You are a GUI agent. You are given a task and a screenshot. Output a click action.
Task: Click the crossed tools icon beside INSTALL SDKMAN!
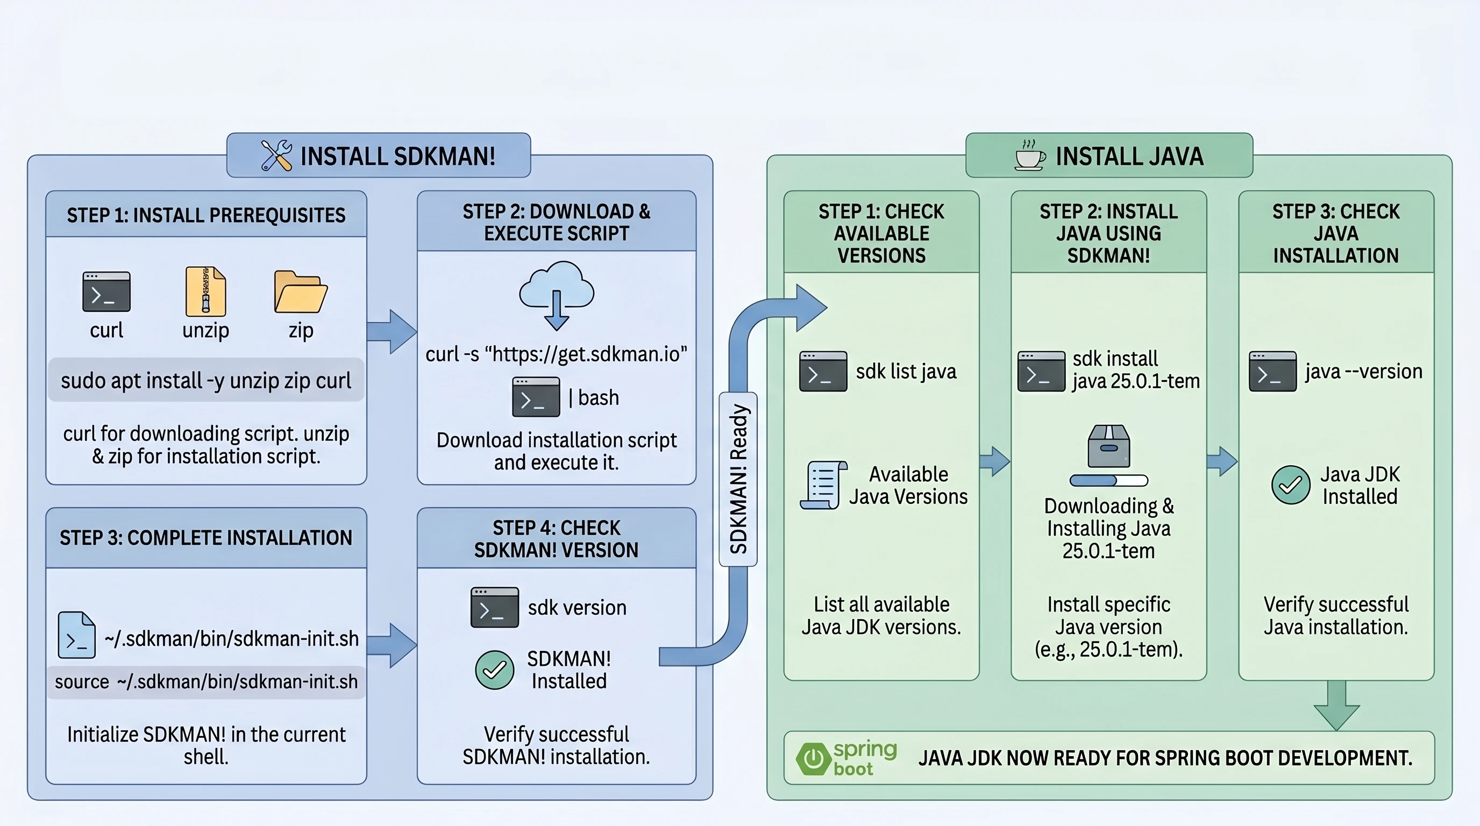pos(276,155)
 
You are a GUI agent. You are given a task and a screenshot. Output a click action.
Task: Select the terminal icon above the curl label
pos(106,292)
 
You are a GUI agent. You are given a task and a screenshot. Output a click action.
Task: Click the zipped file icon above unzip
pos(205,291)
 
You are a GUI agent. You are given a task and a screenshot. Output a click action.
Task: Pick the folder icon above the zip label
pos(301,292)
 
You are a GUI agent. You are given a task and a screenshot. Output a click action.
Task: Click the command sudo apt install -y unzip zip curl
pos(205,380)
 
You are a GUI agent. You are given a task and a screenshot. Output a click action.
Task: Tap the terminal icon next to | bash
pos(536,397)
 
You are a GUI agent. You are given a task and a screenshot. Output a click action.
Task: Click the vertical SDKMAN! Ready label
pos(738,479)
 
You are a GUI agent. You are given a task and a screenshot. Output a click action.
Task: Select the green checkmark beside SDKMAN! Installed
pos(495,670)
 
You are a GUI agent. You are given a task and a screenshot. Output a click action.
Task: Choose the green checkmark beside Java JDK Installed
pos(1290,485)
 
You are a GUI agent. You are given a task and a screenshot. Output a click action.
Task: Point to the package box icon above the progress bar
pos(1109,446)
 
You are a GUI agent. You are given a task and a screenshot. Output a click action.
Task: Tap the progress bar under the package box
pos(1109,481)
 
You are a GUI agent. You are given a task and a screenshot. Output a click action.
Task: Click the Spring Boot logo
pos(846,758)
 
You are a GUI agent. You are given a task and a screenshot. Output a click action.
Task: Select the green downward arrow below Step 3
pos(1337,706)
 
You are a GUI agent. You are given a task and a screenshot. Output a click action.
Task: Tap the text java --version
pos(1363,372)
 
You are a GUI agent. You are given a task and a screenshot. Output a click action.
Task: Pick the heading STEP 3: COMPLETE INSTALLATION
pos(205,538)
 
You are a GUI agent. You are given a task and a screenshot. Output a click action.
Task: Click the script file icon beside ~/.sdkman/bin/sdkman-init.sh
pos(77,635)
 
